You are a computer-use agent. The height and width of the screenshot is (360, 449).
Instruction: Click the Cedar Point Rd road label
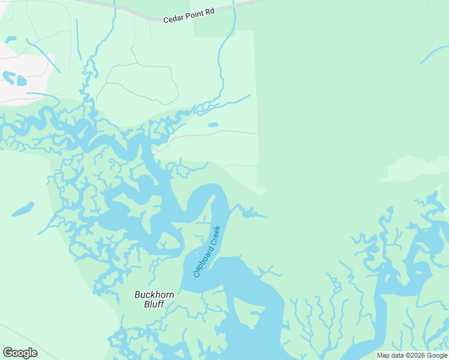point(188,19)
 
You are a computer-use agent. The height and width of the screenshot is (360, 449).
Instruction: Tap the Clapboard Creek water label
point(207,251)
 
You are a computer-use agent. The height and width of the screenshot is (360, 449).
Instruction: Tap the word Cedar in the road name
point(172,19)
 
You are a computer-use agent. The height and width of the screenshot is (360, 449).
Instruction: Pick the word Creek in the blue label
point(215,235)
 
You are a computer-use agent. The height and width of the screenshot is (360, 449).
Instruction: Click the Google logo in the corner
point(20,352)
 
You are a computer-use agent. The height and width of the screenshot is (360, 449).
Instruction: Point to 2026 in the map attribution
point(417,356)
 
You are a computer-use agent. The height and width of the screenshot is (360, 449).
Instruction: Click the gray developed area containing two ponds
point(24,78)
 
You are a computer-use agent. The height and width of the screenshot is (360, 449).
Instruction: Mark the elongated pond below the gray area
point(22,209)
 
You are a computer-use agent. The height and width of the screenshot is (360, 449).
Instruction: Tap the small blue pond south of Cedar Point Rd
point(213,125)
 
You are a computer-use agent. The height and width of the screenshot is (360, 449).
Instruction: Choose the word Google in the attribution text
point(437,356)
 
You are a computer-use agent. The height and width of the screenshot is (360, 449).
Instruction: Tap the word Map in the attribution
point(383,356)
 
